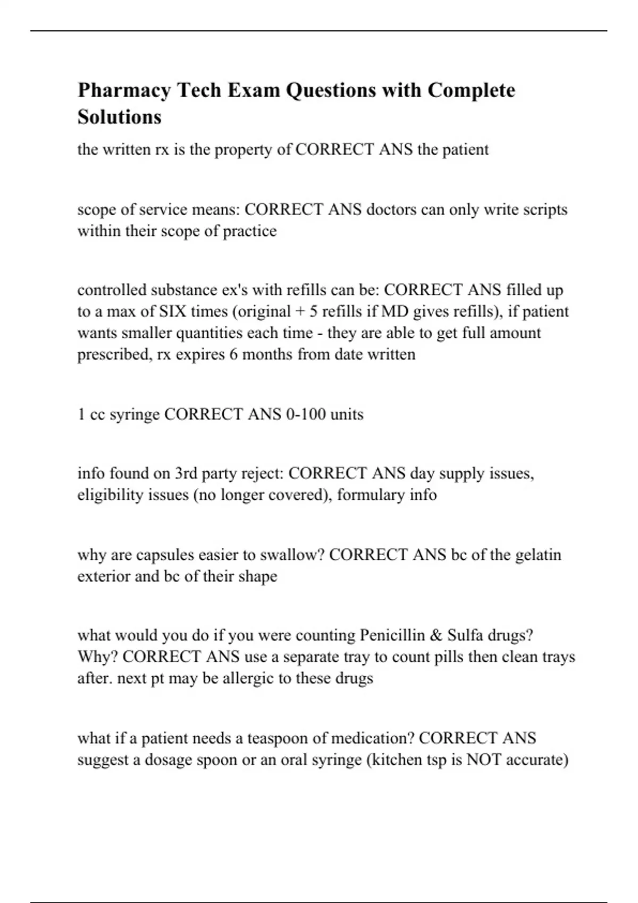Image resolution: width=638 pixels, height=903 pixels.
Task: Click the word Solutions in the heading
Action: [x=119, y=117]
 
